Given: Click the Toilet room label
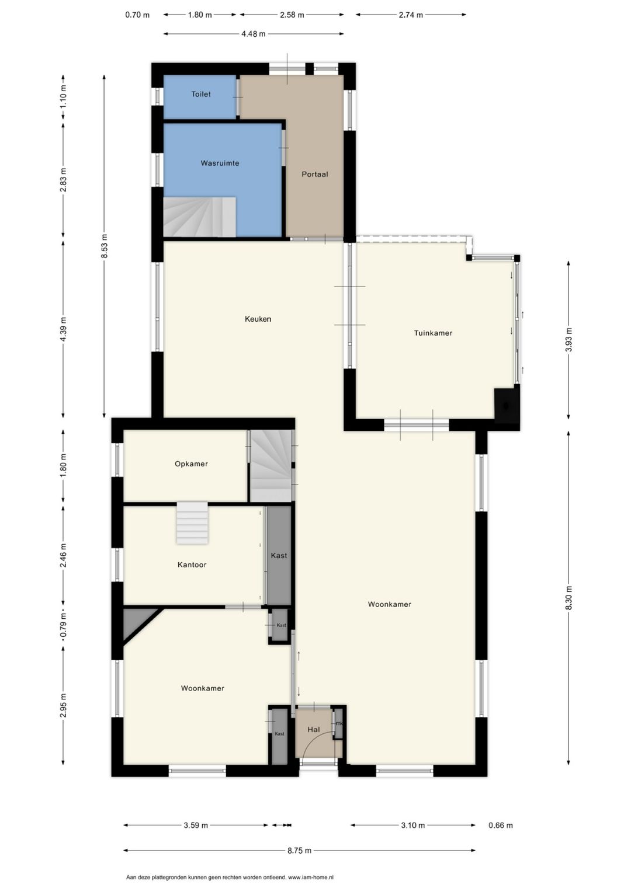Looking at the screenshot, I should point(201,94).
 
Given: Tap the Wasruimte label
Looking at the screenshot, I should point(220,163).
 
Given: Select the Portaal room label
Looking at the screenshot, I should point(314,174).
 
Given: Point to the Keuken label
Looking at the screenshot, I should point(258,319).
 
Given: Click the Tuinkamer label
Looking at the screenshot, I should point(433,333).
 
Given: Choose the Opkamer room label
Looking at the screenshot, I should point(191,464).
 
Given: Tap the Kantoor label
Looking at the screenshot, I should point(192,565).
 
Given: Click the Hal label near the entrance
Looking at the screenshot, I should point(314,730).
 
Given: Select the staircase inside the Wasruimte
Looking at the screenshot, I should point(199,217).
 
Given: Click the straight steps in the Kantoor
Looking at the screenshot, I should point(192,522).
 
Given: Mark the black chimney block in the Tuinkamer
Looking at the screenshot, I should point(506,405).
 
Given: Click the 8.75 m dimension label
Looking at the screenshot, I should point(299,851).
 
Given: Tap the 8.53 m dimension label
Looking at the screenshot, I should point(105,246).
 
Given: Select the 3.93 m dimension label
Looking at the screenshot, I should point(568,340).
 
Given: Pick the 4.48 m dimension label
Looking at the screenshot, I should point(253,34).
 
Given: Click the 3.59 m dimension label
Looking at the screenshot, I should point(196,825).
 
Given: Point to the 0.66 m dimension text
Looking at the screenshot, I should point(500,825).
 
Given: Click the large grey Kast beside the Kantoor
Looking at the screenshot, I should point(279,555).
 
